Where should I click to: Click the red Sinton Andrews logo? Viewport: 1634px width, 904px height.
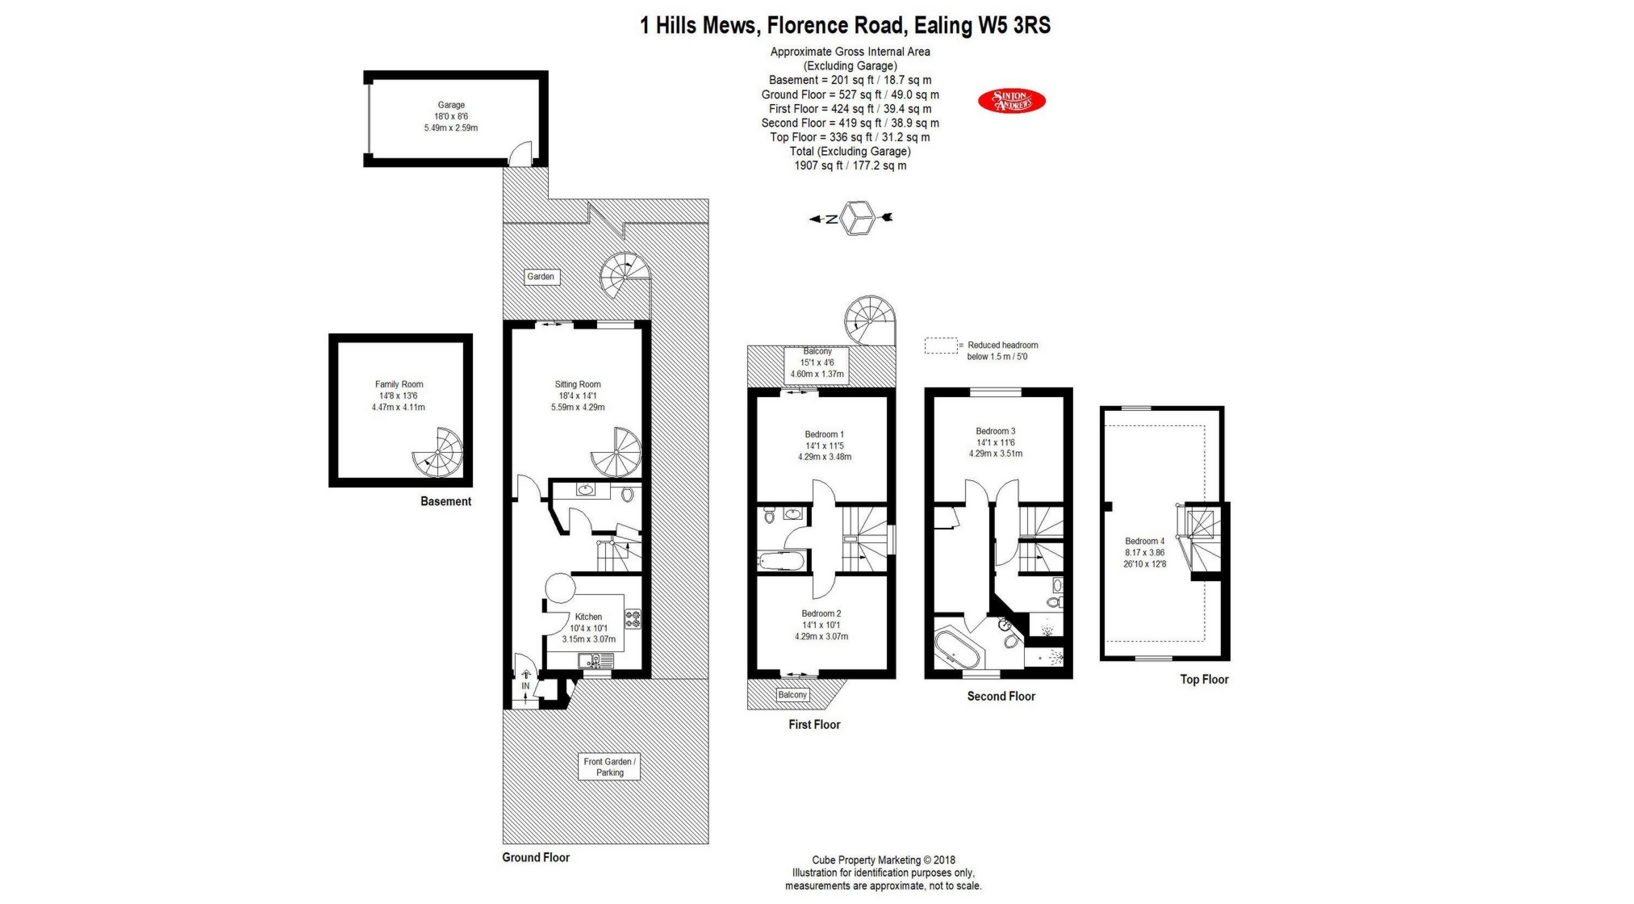(x=1011, y=101)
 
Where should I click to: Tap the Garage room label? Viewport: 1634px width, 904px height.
(x=451, y=105)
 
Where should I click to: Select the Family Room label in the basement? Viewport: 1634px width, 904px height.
(x=399, y=385)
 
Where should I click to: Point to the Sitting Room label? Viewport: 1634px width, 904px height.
(x=578, y=385)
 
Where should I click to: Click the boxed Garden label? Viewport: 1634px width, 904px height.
(x=541, y=277)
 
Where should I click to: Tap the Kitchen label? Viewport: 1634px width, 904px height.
(x=588, y=617)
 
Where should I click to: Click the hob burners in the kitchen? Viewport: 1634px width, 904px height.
(x=633, y=619)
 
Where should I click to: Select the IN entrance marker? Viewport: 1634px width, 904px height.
(x=525, y=686)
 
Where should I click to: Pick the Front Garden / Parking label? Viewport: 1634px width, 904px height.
(x=609, y=767)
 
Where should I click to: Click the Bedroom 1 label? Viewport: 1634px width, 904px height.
(x=824, y=434)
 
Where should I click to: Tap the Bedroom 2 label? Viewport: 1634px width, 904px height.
(x=821, y=613)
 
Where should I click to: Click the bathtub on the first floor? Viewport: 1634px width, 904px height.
(x=781, y=560)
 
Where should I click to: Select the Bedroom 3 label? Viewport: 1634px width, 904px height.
(x=996, y=431)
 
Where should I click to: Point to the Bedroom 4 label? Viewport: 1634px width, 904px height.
(x=1144, y=542)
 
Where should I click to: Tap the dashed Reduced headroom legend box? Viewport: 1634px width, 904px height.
(x=940, y=346)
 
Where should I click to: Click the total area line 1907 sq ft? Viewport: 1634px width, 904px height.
(x=850, y=165)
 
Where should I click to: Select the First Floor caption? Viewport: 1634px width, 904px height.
(x=814, y=725)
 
